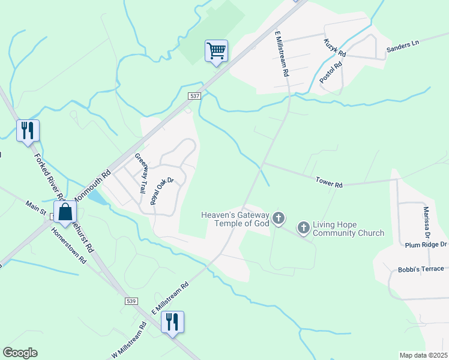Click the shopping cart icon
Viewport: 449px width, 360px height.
pos(216,50)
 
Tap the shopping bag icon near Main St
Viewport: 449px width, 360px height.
pos(65,211)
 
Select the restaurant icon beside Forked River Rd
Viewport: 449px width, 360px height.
pos(28,130)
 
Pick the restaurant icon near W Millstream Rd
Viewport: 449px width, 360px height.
pos(173,322)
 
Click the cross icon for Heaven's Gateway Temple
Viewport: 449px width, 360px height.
pos(279,218)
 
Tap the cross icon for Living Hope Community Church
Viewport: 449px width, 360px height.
pos(304,227)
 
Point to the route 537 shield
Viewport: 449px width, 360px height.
pos(194,96)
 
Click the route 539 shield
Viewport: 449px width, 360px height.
pos(132,300)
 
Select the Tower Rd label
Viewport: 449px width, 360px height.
pos(329,181)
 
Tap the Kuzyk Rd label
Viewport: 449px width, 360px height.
pos(335,47)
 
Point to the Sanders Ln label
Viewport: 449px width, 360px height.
pos(402,46)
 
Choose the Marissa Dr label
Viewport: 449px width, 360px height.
pos(426,220)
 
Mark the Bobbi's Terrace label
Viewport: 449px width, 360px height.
pos(421,269)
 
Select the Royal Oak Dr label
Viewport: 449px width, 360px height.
pos(161,191)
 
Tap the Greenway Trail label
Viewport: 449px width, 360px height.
pos(140,173)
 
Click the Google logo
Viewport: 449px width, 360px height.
pos(20,353)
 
